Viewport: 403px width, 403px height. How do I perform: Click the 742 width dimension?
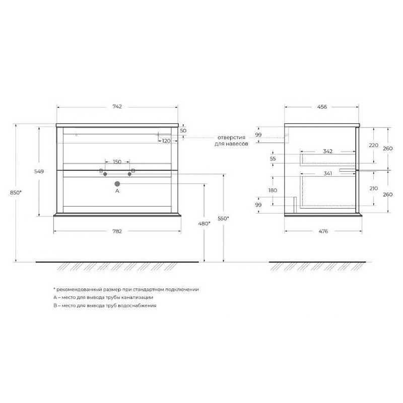point(117,106)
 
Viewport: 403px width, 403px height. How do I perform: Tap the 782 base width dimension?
point(117,231)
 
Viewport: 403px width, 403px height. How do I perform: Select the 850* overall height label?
point(16,192)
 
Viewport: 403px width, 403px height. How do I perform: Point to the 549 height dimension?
point(39,171)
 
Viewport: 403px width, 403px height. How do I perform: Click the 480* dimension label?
point(205,224)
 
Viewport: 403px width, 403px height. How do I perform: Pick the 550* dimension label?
point(223,219)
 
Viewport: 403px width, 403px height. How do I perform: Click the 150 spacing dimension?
point(117,162)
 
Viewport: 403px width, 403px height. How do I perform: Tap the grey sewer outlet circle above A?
point(117,184)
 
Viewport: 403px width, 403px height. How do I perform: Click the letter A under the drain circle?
point(117,191)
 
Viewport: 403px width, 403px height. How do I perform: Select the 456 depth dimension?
point(322,107)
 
